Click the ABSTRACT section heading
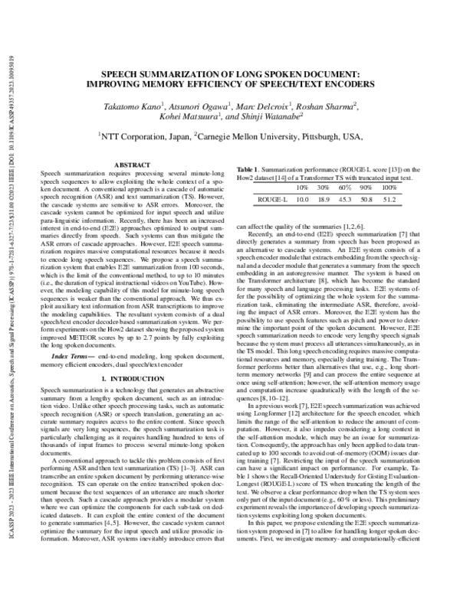coord(126,165)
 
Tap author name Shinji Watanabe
coord(272,117)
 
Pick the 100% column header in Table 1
coord(391,188)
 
